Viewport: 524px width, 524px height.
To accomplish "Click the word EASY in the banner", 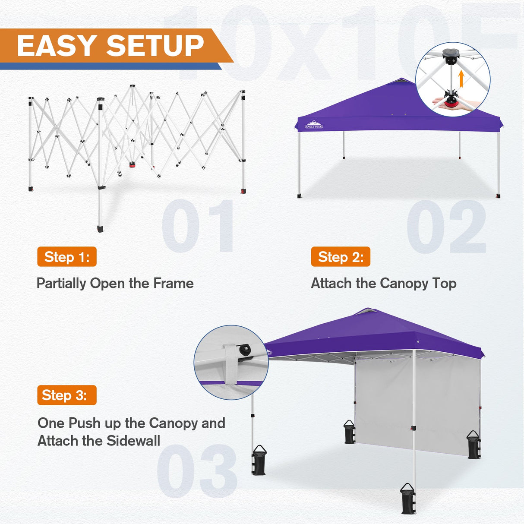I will [x=56, y=46].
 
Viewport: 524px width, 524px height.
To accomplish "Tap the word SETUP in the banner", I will [x=155, y=46].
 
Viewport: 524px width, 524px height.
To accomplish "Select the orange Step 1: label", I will [x=67, y=257].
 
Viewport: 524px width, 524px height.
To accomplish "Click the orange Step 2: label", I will [x=341, y=257].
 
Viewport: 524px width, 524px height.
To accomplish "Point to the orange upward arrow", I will [x=461, y=79].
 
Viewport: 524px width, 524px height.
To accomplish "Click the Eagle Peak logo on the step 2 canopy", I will [x=314, y=124].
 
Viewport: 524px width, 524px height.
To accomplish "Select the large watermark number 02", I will [x=446, y=227].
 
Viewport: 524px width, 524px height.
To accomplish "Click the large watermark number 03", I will [x=197, y=470].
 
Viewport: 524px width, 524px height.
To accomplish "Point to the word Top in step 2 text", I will [x=444, y=284].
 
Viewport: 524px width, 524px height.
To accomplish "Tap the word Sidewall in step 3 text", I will [x=133, y=441].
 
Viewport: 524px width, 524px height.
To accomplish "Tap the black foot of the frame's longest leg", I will [x=101, y=228].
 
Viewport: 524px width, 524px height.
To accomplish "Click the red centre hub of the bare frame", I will [x=132, y=164].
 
